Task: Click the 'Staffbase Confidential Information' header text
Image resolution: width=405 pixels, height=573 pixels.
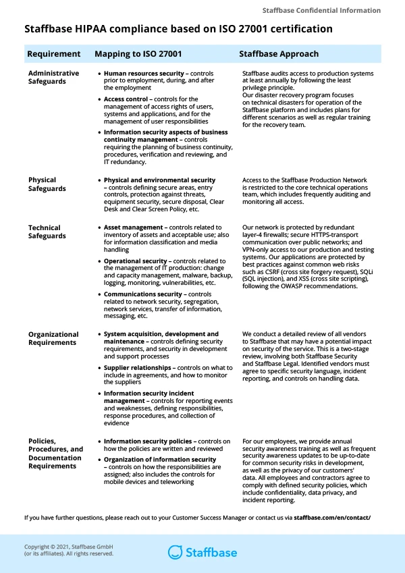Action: pos(321,11)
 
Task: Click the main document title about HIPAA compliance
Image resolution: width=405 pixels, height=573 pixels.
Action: pos(178,29)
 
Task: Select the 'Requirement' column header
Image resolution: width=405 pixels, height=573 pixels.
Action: pos(53,54)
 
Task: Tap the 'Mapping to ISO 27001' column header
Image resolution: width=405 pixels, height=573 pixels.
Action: pos(138,54)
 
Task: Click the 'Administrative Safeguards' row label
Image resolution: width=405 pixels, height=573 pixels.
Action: pos(53,78)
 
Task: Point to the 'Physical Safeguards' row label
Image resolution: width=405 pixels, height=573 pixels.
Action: pos(47,184)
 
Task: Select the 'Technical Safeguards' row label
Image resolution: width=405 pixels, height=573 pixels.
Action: pos(47,231)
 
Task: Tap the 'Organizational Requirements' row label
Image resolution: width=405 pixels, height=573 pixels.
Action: pos(53,338)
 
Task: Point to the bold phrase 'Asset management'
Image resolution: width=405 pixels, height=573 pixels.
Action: pos(134,227)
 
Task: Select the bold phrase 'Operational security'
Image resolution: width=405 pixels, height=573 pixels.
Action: pos(135,261)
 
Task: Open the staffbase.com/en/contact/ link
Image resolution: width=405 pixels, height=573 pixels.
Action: pos(332,517)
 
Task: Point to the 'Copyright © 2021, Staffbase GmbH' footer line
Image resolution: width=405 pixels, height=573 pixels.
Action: pos(67,547)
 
